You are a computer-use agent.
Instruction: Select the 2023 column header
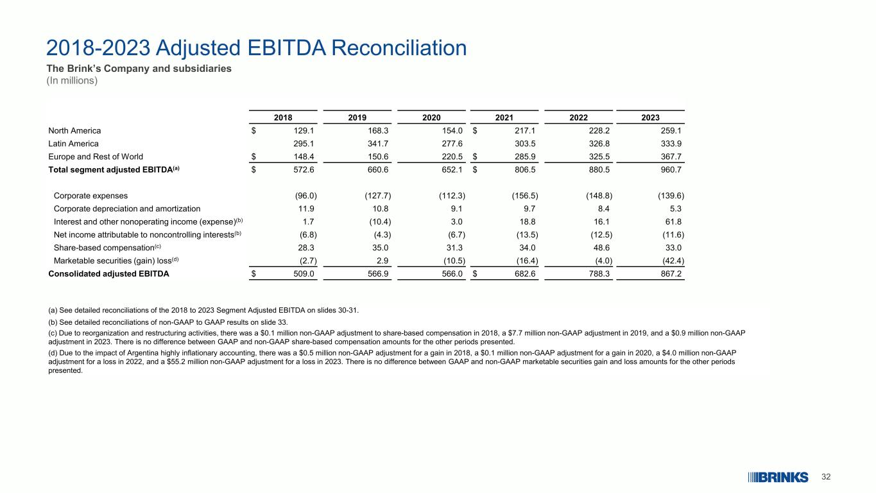tap(650, 117)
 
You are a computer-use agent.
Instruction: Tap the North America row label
tap(74, 130)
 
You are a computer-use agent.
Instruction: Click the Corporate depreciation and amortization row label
tap(126, 209)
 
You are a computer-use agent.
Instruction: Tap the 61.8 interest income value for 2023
tap(672, 221)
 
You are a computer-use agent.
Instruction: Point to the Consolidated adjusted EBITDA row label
tap(109, 274)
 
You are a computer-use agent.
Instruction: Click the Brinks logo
tap(777, 477)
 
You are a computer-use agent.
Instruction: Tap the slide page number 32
tap(827, 477)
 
